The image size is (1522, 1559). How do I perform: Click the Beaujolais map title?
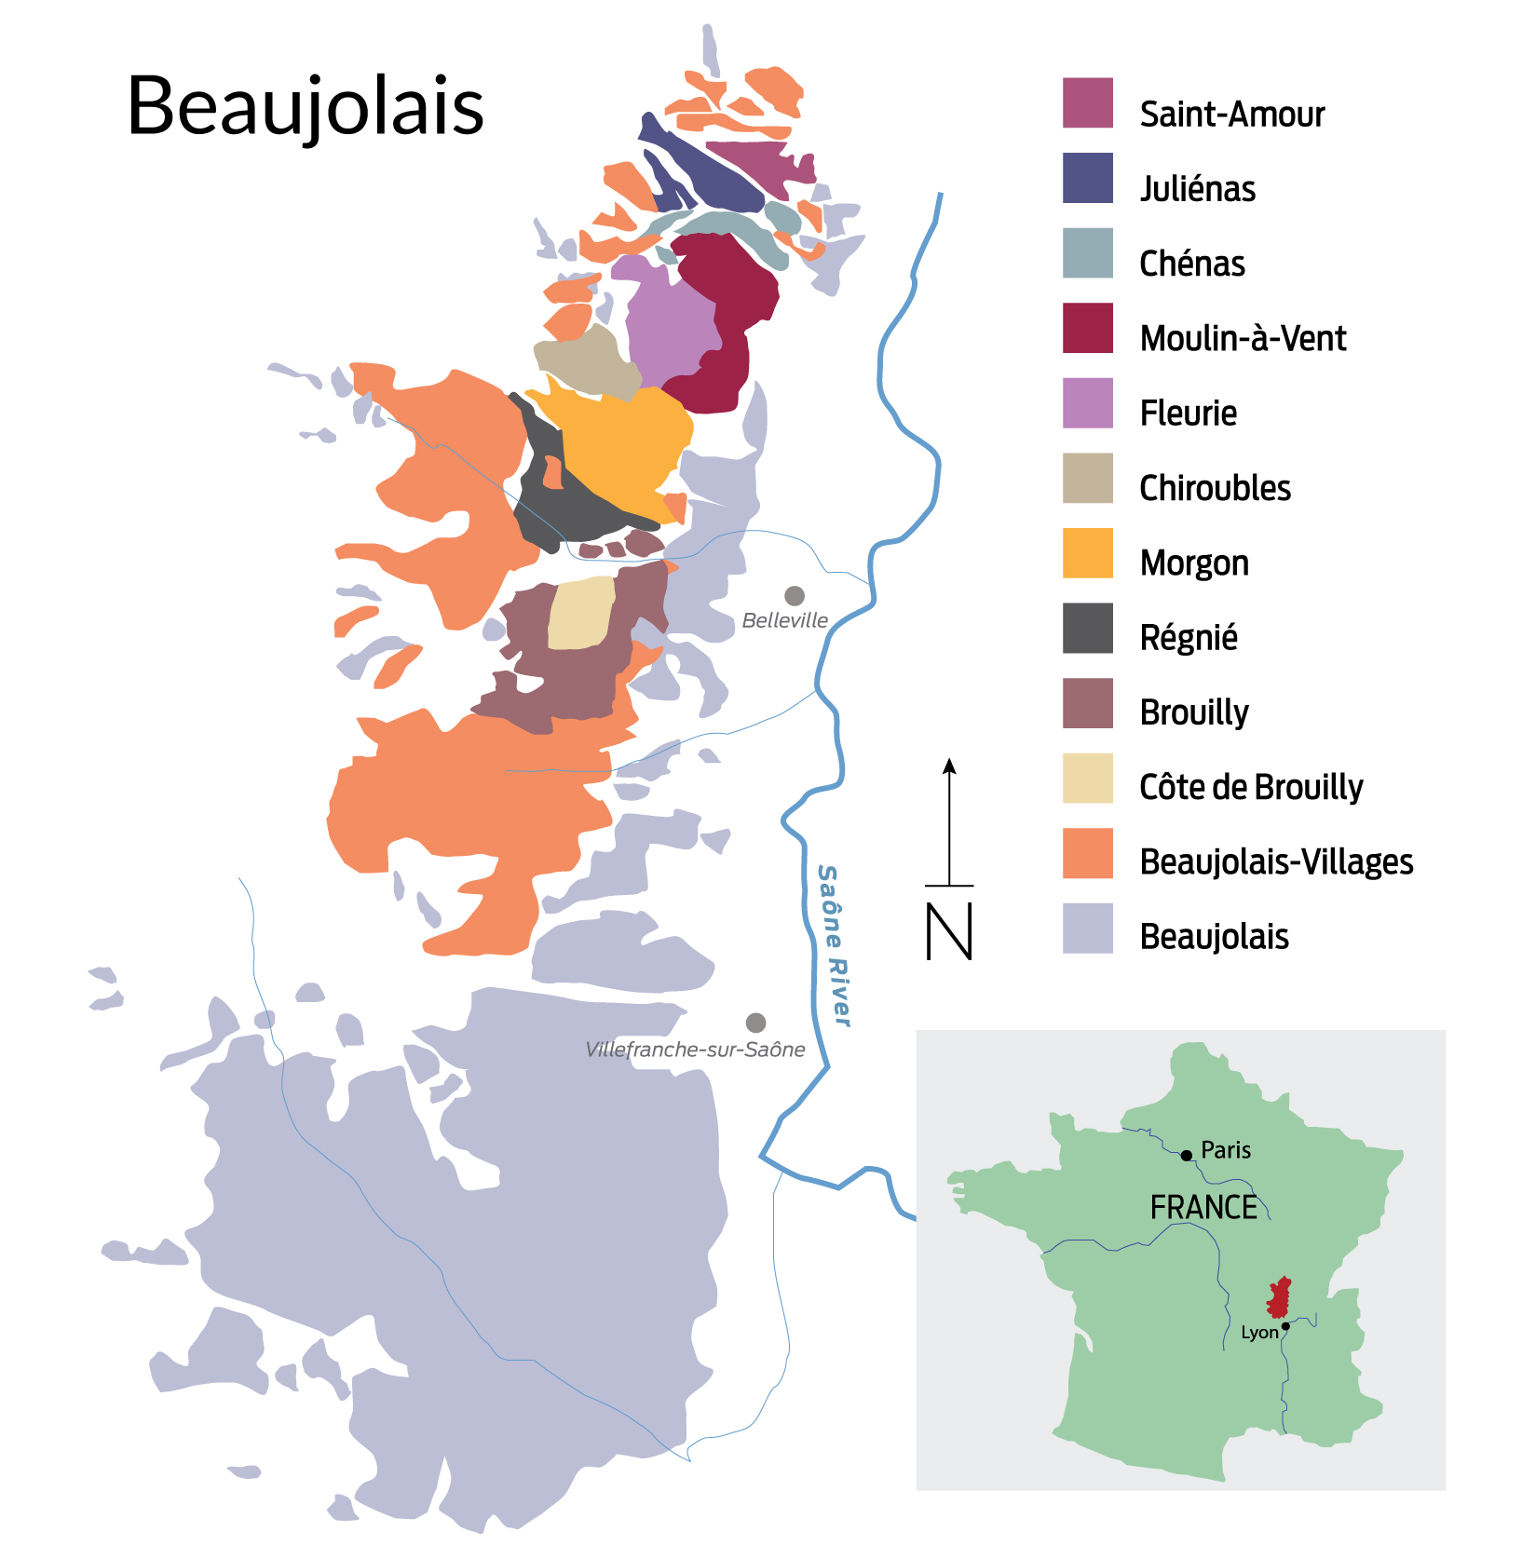tap(305, 106)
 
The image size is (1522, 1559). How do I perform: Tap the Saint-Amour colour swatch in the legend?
tap(1087, 102)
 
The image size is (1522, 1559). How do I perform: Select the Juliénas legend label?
tap(1197, 189)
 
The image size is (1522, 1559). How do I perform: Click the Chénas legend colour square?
tap(1087, 252)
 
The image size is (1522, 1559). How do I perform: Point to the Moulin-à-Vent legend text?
tap(1243, 338)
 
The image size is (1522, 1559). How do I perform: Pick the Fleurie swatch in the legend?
tap(1087, 402)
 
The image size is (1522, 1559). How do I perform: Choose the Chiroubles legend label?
tap(1215, 488)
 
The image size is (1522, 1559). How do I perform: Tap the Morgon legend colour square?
tap(1087, 552)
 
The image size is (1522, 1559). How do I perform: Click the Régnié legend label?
tap(1189, 638)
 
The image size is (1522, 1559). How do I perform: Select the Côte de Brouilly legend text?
tap(1250, 787)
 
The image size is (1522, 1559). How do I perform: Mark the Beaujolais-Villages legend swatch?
tap(1087, 852)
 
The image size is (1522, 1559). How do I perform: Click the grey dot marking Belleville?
tap(795, 595)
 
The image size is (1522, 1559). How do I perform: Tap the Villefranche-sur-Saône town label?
tap(695, 1050)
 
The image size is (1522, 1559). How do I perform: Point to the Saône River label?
tap(834, 945)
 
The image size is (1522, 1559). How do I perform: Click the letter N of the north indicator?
tap(949, 931)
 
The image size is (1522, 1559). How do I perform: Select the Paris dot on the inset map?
tap(1186, 1156)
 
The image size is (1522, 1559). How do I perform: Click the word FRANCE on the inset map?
tap(1203, 1207)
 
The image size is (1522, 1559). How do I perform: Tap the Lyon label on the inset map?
tap(1259, 1333)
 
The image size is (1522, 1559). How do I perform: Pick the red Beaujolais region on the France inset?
tap(1280, 1297)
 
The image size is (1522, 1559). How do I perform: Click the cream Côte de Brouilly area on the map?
tap(581, 613)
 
